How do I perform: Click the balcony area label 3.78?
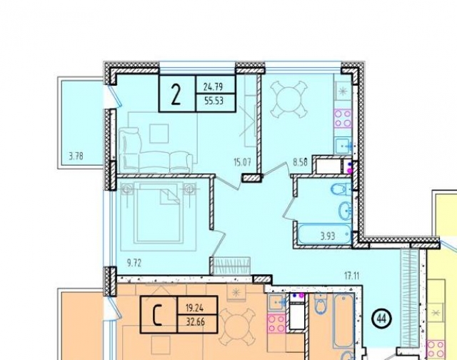[76, 156]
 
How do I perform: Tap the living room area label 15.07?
[242, 161]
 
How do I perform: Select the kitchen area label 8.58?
[300, 162]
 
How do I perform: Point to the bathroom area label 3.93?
[328, 236]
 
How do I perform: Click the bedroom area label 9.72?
[134, 264]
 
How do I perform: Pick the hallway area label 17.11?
[352, 276]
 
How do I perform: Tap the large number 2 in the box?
[176, 94]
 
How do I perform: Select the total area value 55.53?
[214, 101]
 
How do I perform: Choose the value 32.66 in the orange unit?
[195, 322]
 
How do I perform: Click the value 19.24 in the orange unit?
[195, 307]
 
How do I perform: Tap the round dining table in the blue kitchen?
[288, 100]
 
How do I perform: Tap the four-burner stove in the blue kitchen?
[343, 119]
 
